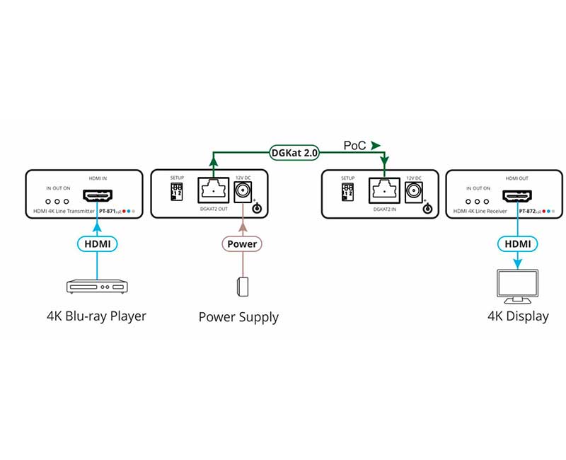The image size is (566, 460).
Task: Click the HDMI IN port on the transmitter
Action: coord(98,195)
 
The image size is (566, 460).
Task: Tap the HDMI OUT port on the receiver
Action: coord(517,196)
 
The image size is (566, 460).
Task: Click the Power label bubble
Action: coord(243,244)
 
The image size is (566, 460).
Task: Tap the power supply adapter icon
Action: coord(243,287)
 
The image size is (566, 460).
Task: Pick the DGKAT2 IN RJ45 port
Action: coord(383,190)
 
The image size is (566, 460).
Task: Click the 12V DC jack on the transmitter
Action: coord(243,190)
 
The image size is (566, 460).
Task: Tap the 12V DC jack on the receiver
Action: coord(413,190)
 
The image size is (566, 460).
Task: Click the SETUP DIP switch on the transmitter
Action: coord(178,192)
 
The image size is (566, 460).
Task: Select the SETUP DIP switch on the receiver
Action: coord(348,192)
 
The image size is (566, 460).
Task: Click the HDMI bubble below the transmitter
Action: coord(98,243)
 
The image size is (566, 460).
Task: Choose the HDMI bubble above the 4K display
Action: coord(517,243)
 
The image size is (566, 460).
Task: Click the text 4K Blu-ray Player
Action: coord(96,316)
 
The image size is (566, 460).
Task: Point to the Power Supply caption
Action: coord(238,317)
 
